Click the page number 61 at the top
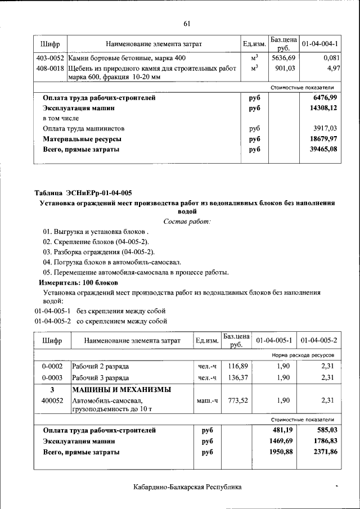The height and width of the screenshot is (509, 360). tap(187, 24)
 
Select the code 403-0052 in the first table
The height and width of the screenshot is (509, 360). tap(49, 58)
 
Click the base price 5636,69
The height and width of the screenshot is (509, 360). tap(283, 58)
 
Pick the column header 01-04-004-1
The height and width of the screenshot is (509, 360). tap(319, 44)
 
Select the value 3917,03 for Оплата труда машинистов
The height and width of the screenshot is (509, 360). tap(323, 129)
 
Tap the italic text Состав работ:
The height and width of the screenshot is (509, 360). tap(187, 222)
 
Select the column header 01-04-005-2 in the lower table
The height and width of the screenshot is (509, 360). tap(319, 341)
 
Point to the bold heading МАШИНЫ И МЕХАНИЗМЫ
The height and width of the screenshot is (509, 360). tap(121, 390)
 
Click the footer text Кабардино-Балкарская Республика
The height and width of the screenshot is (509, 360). tap(188, 487)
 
